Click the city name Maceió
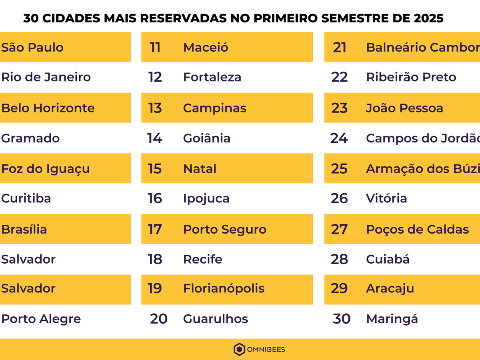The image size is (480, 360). (206, 47)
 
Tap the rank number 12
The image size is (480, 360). (155, 77)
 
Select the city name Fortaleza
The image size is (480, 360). (212, 77)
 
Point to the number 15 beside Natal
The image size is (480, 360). (155, 168)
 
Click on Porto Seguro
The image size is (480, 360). (224, 229)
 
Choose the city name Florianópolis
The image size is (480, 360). (224, 288)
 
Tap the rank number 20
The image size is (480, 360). (158, 319)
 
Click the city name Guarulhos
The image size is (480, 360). (216, 319)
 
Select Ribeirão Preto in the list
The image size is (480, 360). (411, 77)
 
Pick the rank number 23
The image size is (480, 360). (339, 108)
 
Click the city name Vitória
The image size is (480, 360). (386, 198)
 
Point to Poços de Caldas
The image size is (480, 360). (417, 229)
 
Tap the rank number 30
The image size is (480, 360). (342, 319)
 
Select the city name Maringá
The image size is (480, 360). (392, 319)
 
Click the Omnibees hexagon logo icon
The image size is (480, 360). (239, 349)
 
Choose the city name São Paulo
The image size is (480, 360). (32, 47)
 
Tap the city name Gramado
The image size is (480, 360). (30, 138)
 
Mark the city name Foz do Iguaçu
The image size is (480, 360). (45, 168)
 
